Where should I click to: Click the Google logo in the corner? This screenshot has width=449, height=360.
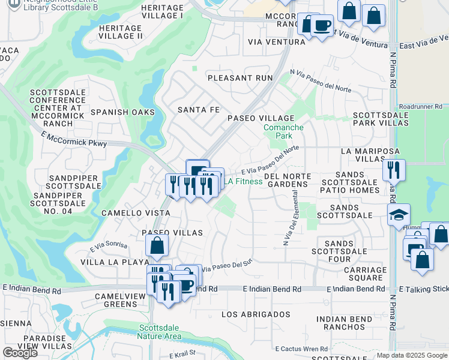click(x=20, y=353)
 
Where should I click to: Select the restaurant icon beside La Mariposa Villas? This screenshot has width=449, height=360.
click(x=394, y=170)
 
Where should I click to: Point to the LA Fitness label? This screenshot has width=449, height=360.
click(x=244, y=181)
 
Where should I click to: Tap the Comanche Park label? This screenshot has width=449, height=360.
click(x=283, y=131)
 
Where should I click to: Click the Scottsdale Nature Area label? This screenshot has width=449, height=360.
click(x=160, y=332)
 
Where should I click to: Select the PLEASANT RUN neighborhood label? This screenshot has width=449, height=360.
click(x=240, y=78)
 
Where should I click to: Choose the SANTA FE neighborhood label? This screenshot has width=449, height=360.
click(x=199, y=109)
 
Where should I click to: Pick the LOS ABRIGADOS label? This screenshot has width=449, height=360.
click(x=256, y=314)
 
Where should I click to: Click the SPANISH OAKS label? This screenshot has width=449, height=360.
click(x=122, y=112)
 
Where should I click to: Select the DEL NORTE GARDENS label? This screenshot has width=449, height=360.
click(x=286, y=180)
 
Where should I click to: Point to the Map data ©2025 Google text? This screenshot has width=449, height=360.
click(x=411, y=355)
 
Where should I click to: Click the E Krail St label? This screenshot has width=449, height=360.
click(x=182, y=355)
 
